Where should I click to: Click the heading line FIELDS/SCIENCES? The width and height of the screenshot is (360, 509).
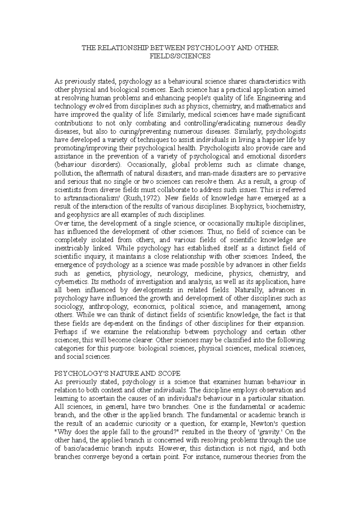coord(180,56)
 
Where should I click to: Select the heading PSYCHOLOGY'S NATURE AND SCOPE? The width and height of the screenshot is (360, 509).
coord(117,374)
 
